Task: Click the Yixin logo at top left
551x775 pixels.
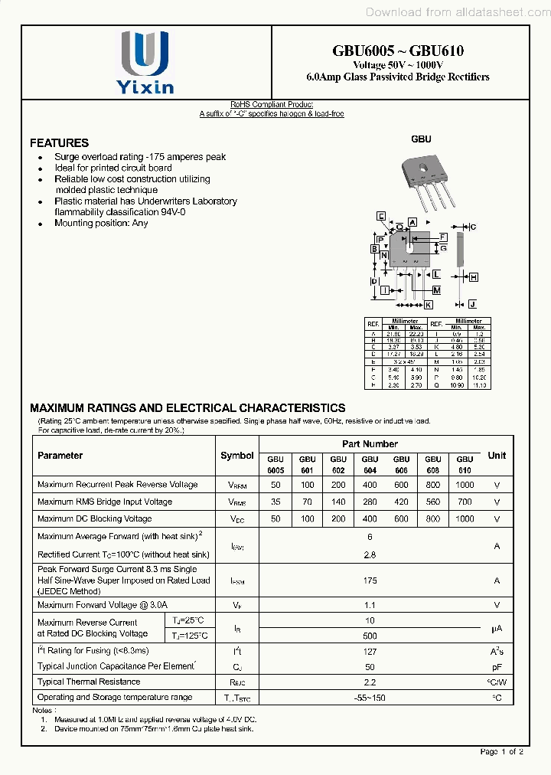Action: pyautogui.click(x=145, y=64)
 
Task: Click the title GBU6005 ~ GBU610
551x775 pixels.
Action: pyautogui.click(x=397, y=51)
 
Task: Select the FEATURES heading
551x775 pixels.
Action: pyautogui.click(x=59, y=142)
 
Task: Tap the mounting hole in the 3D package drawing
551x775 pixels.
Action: pyautogui.click(x=422, y=165)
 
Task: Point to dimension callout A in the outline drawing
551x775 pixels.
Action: pyautogui.click(x=412, y=222)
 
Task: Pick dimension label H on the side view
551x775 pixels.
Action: pyautogui.click(x=474, y=277)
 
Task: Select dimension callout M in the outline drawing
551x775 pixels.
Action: pyautogui.click(x=435, y=290)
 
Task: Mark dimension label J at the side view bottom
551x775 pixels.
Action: pyautogui.click(x=472, y=304)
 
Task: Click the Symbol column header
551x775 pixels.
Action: pyautogui.click(x=236, y=456)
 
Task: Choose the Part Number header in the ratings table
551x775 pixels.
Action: pyautogui.click(x=370, y=444)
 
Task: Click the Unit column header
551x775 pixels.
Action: pyautogui.click(x=497, y=456)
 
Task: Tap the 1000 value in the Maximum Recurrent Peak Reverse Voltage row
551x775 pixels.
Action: pyautogui.click(x=465, y=485)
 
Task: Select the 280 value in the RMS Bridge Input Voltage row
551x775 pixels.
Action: pyautogui.click(x=370, y=502)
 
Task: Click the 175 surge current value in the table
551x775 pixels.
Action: pyautogui.click(x=370, y=580)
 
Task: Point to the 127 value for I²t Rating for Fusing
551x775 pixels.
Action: pyautogui.click(x=370, y=651)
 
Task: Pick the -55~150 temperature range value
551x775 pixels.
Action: pyautogui.click(x=370, y=698)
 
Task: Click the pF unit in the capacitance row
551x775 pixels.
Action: pyautogui.click(x=497, y=667)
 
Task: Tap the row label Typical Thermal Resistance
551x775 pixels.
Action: pyautogui.click(x=89, y=682)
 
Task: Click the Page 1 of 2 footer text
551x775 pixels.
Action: pyautogui.click(x=501, y=751)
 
